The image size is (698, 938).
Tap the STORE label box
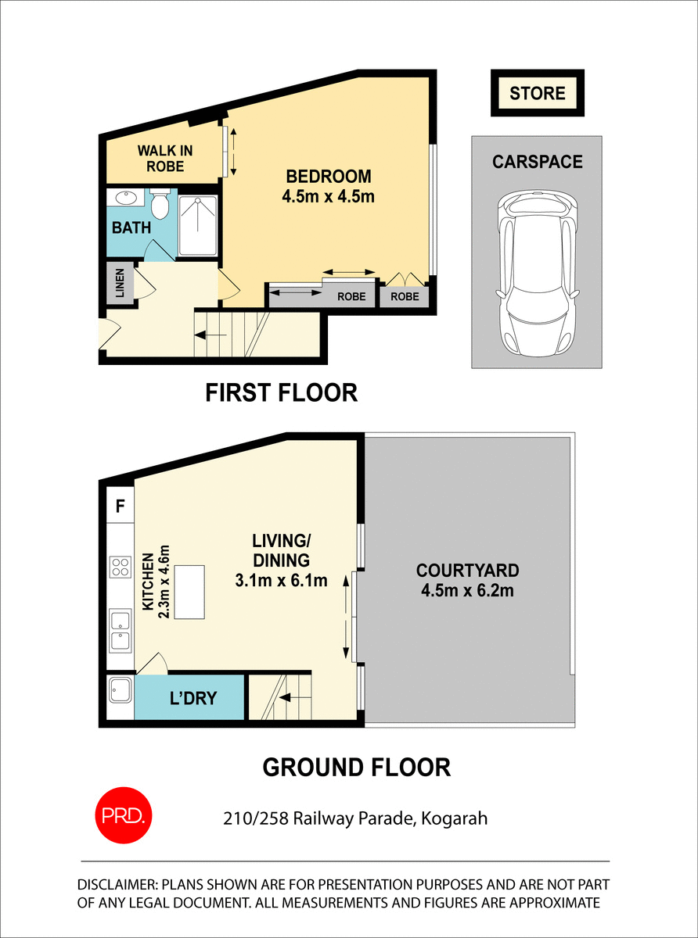click(x=538, y=94)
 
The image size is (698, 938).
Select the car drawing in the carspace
click(x=537, y=274)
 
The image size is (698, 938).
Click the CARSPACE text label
click(x=537, y=162)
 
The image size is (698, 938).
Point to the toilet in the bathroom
click(x=160, y=206)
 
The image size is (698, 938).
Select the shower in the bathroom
click(x=199, y=226)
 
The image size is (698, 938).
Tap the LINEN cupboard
click(x=120, y=283)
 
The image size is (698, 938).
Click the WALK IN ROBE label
click(x=165, y=158)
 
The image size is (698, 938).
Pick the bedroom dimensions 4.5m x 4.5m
click(x=328, y=196)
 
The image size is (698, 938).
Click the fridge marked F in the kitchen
click(x=120, y=505)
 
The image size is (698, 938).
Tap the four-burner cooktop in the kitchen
click(x=120, y=566)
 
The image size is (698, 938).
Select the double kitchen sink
click(x=120, y=631)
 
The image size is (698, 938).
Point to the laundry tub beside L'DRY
click(x=120, y=692)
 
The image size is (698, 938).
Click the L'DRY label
click(x=192, y=698)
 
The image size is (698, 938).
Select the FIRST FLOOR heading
click(x=281, y=392)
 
